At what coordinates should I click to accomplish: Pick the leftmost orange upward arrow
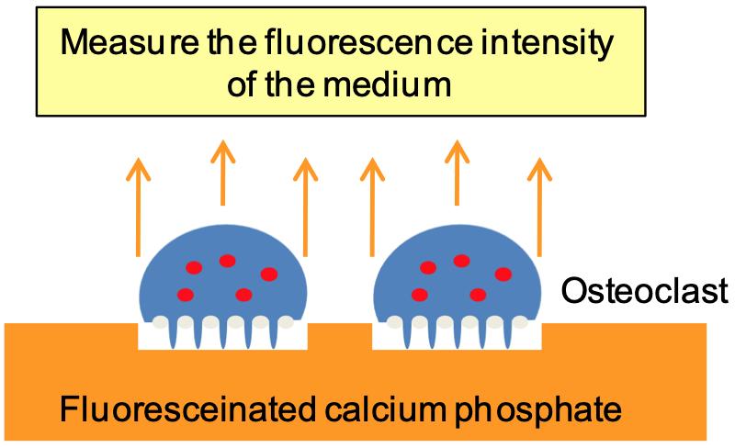(138, 207)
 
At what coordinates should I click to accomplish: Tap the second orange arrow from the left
(221, 174)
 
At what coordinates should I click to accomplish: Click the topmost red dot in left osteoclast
(227, 261)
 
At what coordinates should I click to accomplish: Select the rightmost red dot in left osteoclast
(268, 274)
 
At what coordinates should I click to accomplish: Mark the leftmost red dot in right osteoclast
(420, 295)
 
